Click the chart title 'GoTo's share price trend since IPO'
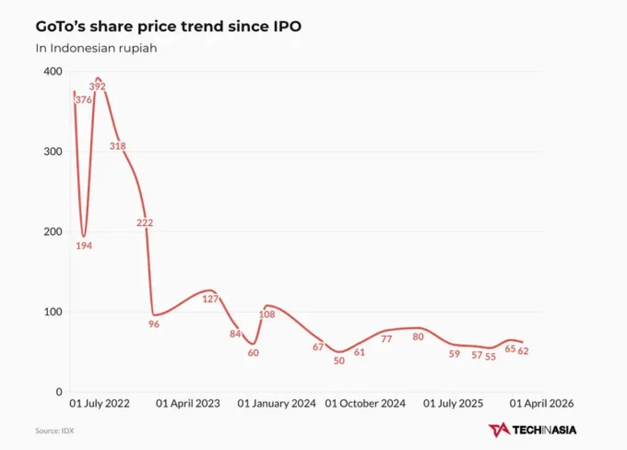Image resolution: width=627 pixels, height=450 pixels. click(x=169, y=27)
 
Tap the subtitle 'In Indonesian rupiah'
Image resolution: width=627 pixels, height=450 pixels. click(x=96, y=48)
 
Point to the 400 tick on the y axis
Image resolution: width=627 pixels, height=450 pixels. click(x=53, y=72)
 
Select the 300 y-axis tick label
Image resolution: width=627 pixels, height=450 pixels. click(x=53, y=151)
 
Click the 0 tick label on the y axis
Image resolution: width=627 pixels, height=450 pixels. click(x=59, y=392)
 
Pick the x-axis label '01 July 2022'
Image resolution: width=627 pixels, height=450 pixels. click(x=99, y=403)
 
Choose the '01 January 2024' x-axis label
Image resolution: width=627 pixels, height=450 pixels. click(x=277, y=403)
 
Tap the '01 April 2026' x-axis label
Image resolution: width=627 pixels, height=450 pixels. click(x=542, y=403)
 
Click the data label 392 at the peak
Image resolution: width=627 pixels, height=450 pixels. click(x=97, y=86)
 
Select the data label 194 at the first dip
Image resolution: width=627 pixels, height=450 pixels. click(x=84, y=246)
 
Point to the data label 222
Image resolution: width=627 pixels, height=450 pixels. click(x=145, y=223)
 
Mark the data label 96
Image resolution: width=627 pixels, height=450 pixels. click(x=154, y=324)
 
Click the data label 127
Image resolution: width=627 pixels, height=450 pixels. click(x=210, y=299)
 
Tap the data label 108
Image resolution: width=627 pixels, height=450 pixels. click(x=267, y=314)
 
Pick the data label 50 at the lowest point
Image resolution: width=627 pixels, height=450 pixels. click(x=339, y=361)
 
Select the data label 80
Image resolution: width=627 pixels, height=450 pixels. click(x=418, y=337)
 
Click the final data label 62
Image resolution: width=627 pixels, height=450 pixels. click(x=523, y=351)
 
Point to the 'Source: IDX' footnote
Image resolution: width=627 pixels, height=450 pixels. click(x=54, y=431)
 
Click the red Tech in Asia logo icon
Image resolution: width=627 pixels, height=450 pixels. click(x=499, y=430)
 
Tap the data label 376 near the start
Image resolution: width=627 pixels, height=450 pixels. click(x=84, y=100)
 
